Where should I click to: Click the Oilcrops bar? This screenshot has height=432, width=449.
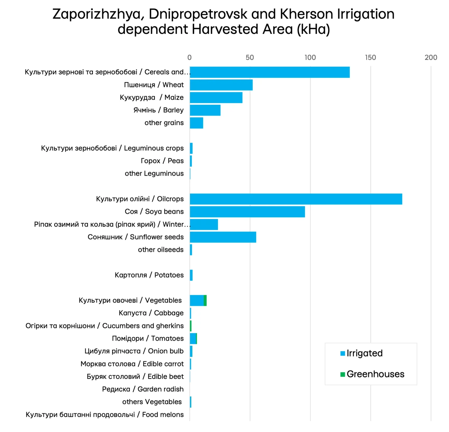point(296,199)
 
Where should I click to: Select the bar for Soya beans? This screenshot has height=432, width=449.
point(247,212)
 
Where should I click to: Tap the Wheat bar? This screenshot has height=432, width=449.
point(221,85)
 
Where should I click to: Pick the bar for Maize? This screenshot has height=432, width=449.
point(216,97)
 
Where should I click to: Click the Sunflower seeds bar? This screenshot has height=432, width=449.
point(223,237)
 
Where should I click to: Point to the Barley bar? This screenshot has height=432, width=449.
point(205,110)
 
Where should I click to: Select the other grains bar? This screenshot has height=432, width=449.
point(196,123)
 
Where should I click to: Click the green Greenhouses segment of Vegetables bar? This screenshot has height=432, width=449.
point(205,301)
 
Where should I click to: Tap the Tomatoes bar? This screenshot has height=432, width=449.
point(193,339)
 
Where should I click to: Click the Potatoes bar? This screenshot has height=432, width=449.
point(191,275)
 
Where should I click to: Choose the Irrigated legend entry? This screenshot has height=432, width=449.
point(361,353)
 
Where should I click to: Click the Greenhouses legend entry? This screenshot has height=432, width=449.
point(372,374)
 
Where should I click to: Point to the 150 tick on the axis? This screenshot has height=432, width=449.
point(370,57)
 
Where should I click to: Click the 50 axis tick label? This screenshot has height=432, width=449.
point(250,57)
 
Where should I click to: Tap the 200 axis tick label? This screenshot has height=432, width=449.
point(431,57)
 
